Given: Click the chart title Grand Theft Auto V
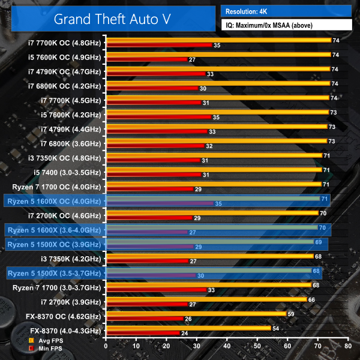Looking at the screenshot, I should tap(112, 18).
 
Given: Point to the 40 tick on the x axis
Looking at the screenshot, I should tap(227, 346).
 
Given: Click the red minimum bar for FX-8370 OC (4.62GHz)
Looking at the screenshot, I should tap(145, 318).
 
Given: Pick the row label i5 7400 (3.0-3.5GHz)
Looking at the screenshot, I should tap(70, 172).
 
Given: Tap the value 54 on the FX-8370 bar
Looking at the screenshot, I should tap(276, 328).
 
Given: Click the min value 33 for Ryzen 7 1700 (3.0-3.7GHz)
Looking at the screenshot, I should tap(211, 290).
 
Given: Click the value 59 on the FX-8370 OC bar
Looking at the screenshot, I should tap(291, 313).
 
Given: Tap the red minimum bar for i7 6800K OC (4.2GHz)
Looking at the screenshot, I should tap(151, 88).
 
